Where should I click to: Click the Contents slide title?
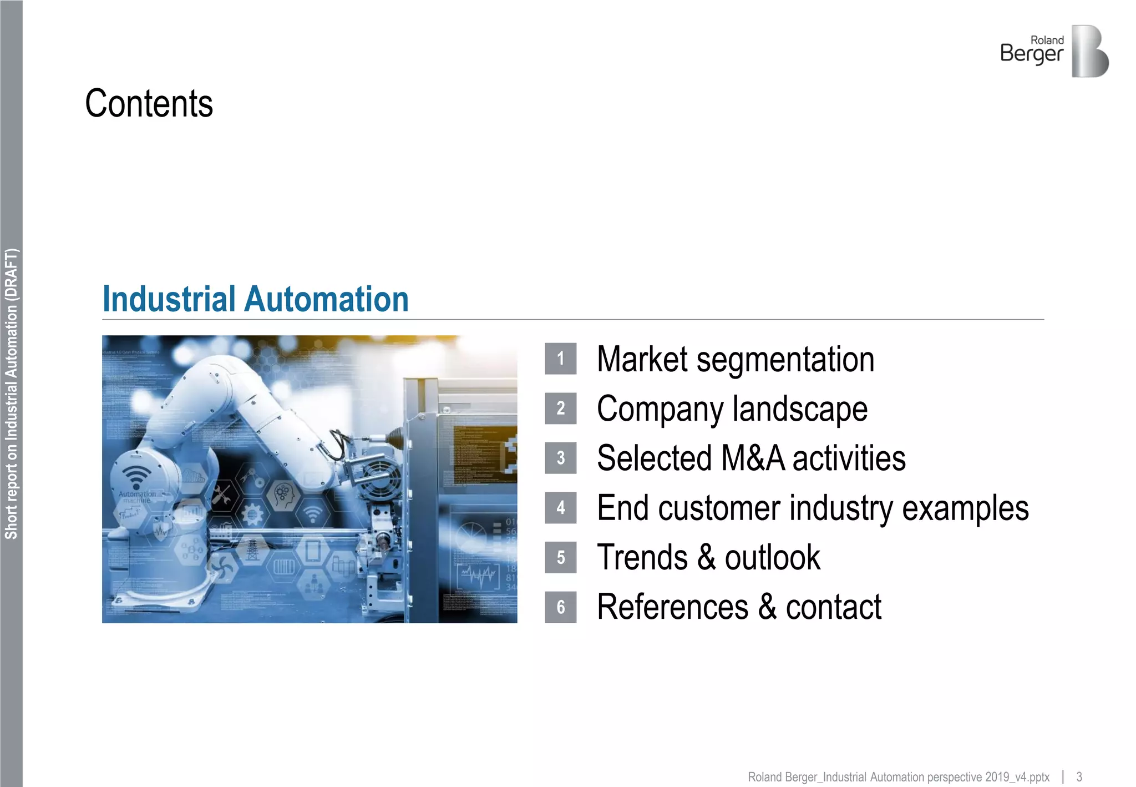[149, 104]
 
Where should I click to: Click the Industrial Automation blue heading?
[256, 300]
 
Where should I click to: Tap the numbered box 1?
[560, 359]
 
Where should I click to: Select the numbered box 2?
[560, 408]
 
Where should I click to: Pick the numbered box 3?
[560, 458]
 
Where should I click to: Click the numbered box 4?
[560, 508]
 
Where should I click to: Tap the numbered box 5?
[560, 557]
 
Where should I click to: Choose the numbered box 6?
[560, 607]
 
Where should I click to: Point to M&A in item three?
[753, 458]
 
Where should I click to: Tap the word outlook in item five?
[772, 558]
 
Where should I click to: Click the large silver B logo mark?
[1089, 51]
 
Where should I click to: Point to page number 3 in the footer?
[1079, 777]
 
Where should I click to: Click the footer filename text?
[898, 777]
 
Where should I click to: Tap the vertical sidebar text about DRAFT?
[11, 393]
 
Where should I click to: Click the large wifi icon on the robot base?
[136, 476]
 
